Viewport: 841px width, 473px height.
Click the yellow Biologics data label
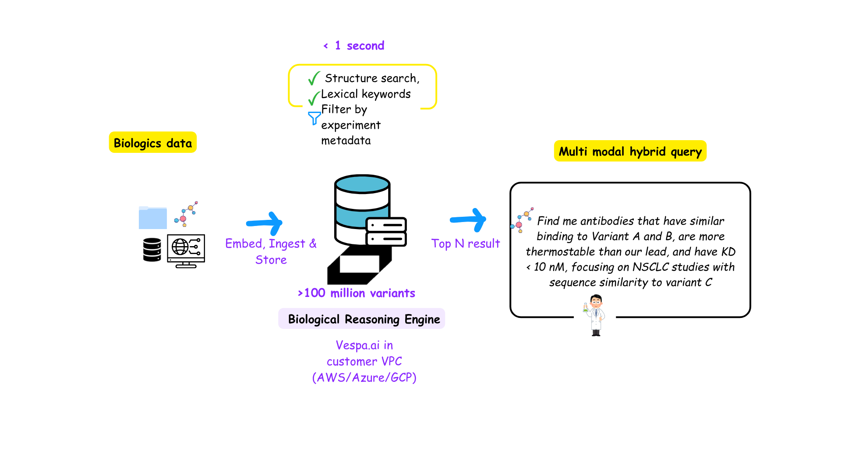[152, 143]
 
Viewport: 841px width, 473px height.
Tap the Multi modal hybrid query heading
[630, 152]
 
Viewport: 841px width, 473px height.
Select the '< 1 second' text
[354, 46]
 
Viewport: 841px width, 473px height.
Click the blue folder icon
[152, 218]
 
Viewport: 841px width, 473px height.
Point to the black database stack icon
[152, 250]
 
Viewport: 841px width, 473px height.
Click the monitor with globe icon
[186, 251]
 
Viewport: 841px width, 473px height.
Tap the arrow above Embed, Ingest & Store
[265, 223]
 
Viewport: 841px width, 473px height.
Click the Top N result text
[465, 244]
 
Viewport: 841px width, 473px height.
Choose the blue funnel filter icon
[314, 118]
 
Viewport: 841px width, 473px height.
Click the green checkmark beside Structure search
[314, 78]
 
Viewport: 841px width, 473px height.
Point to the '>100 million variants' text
[356, 293]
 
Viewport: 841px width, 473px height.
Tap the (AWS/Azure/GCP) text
[364, 378]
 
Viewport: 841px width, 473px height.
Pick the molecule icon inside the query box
[522, 220]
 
